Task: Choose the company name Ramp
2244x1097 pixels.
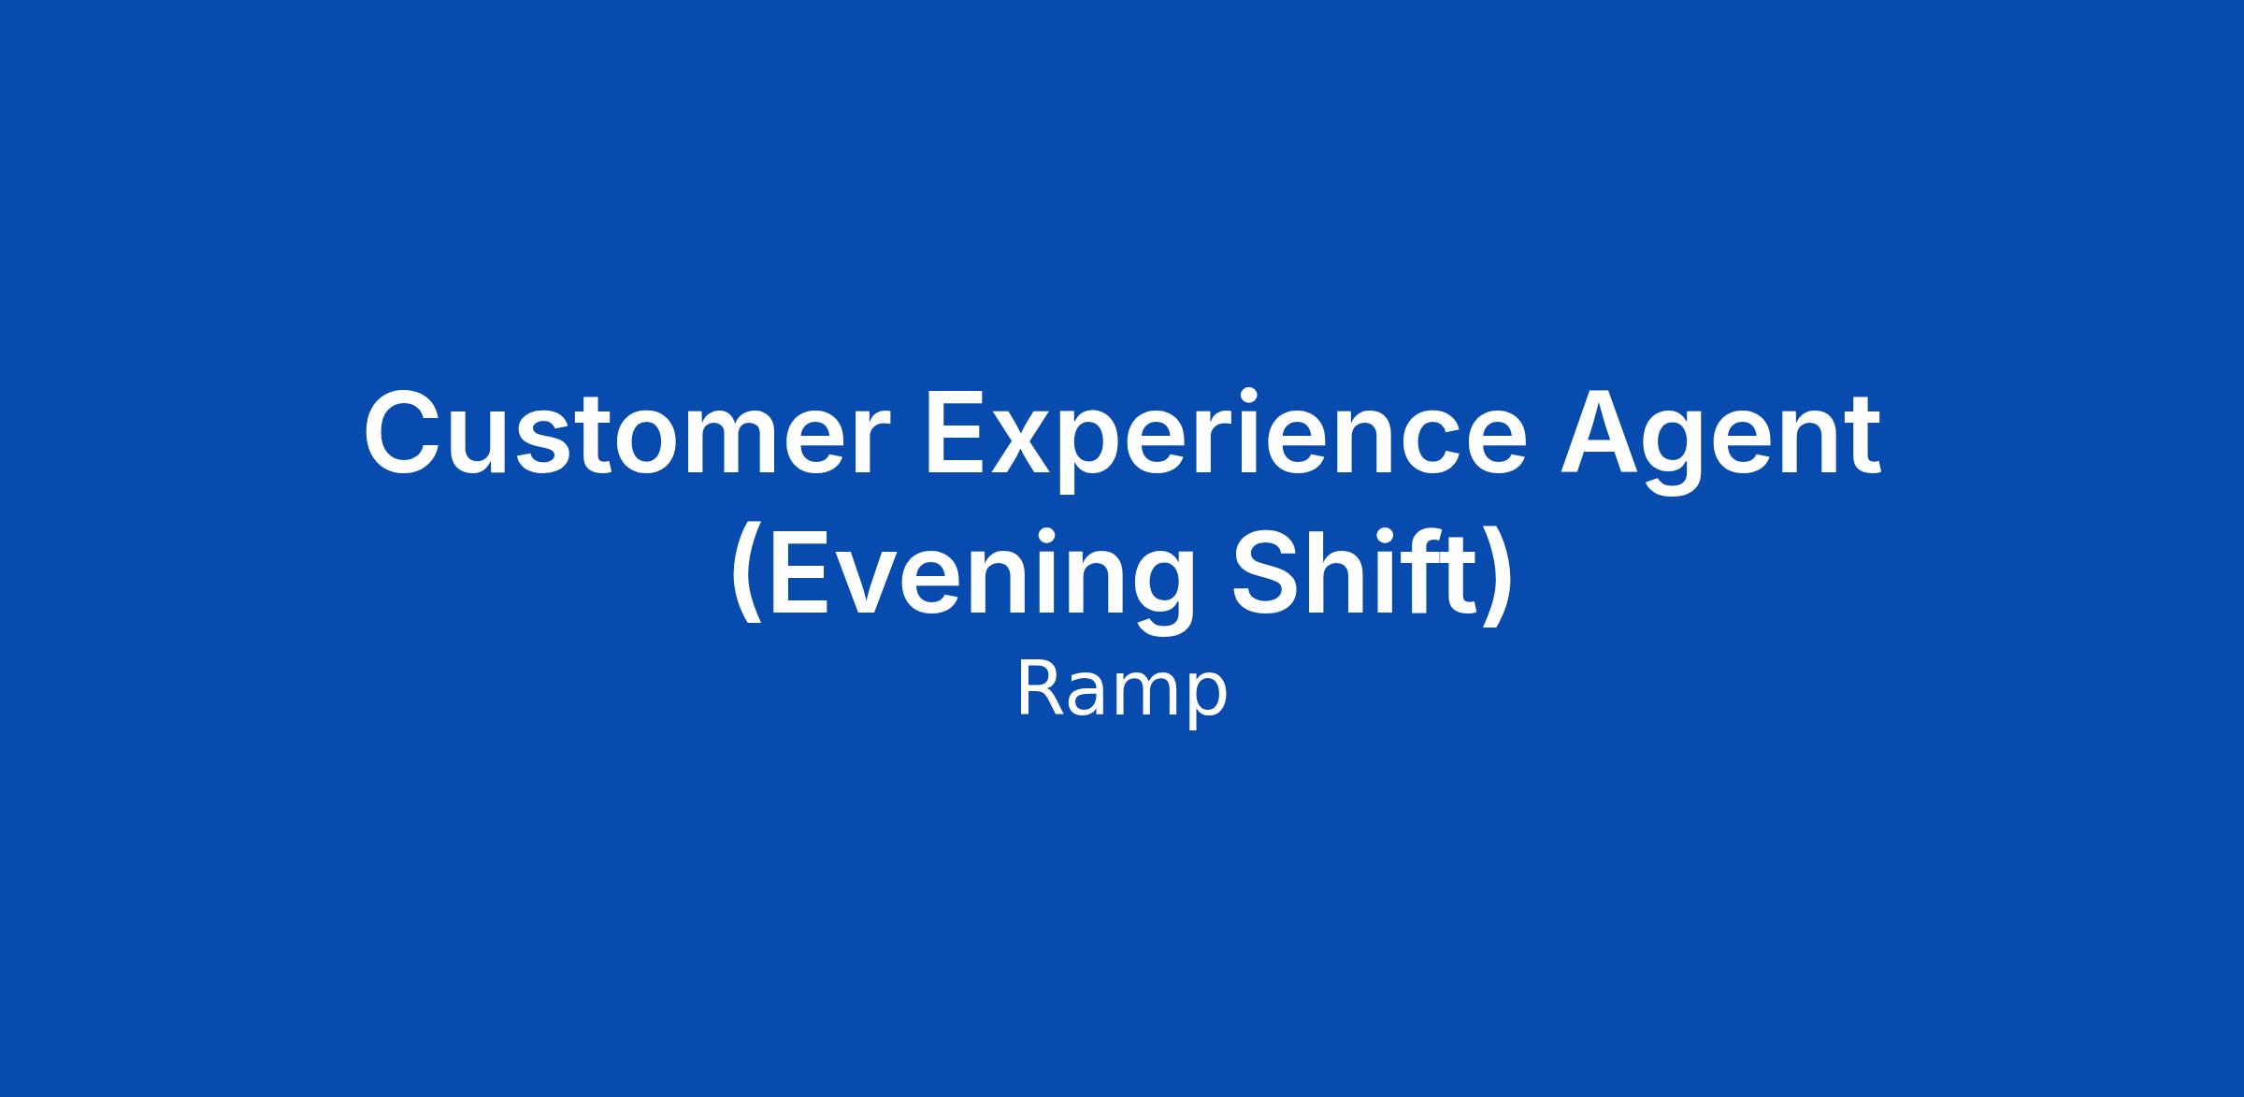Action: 1121,693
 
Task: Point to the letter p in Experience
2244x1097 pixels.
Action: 1098,454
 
